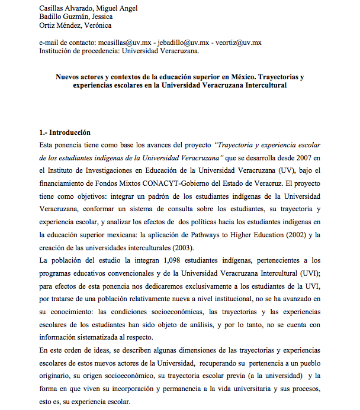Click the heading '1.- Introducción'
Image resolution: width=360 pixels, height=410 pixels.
click(x=65, y=133)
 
